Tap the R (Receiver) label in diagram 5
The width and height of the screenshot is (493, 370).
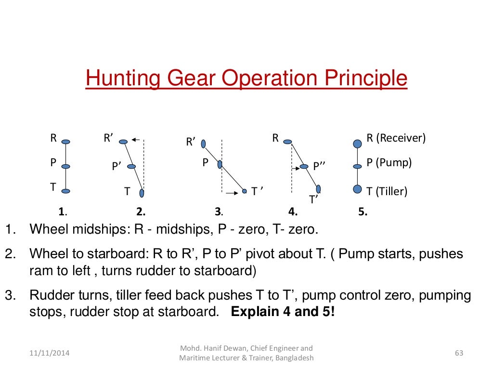coord(396,138)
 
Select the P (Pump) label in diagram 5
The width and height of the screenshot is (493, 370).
coord(389,162)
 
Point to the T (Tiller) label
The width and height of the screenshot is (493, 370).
coord(387,191)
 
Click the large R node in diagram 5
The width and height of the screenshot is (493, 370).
coord(357,143)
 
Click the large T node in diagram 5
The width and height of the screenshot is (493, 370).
coord(357,189)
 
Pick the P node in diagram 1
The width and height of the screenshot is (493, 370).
coord(66,167)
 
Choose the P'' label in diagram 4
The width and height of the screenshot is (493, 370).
coord(320,166)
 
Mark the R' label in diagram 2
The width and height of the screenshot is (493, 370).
coord(108,138)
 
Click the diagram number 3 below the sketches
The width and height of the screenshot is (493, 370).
coord(218,211)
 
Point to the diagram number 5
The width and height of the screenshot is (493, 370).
coord(362,211)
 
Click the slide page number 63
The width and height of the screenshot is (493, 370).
coord(458,353)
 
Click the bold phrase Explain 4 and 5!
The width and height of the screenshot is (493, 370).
coord(283,311)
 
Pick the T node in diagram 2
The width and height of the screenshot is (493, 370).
coord(142,193)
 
